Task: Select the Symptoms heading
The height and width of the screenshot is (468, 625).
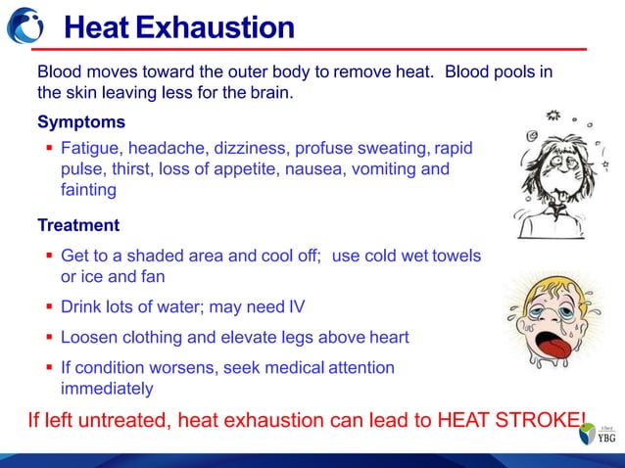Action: pos(81,123)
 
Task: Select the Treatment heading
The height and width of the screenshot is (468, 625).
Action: pos(78,226)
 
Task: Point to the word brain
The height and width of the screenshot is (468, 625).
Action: pos(268,94)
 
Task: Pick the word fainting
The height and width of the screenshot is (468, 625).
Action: pos(88,191)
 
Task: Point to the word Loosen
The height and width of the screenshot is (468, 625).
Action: pos(90,338)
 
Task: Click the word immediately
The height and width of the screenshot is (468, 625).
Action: pos(107,389)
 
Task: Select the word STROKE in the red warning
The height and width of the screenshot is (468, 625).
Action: pos(538,422)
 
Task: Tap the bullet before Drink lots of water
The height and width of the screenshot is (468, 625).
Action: pos(48,307)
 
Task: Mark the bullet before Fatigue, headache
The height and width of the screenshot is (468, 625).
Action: pos(48,148)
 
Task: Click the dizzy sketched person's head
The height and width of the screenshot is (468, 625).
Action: pos(550,162)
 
